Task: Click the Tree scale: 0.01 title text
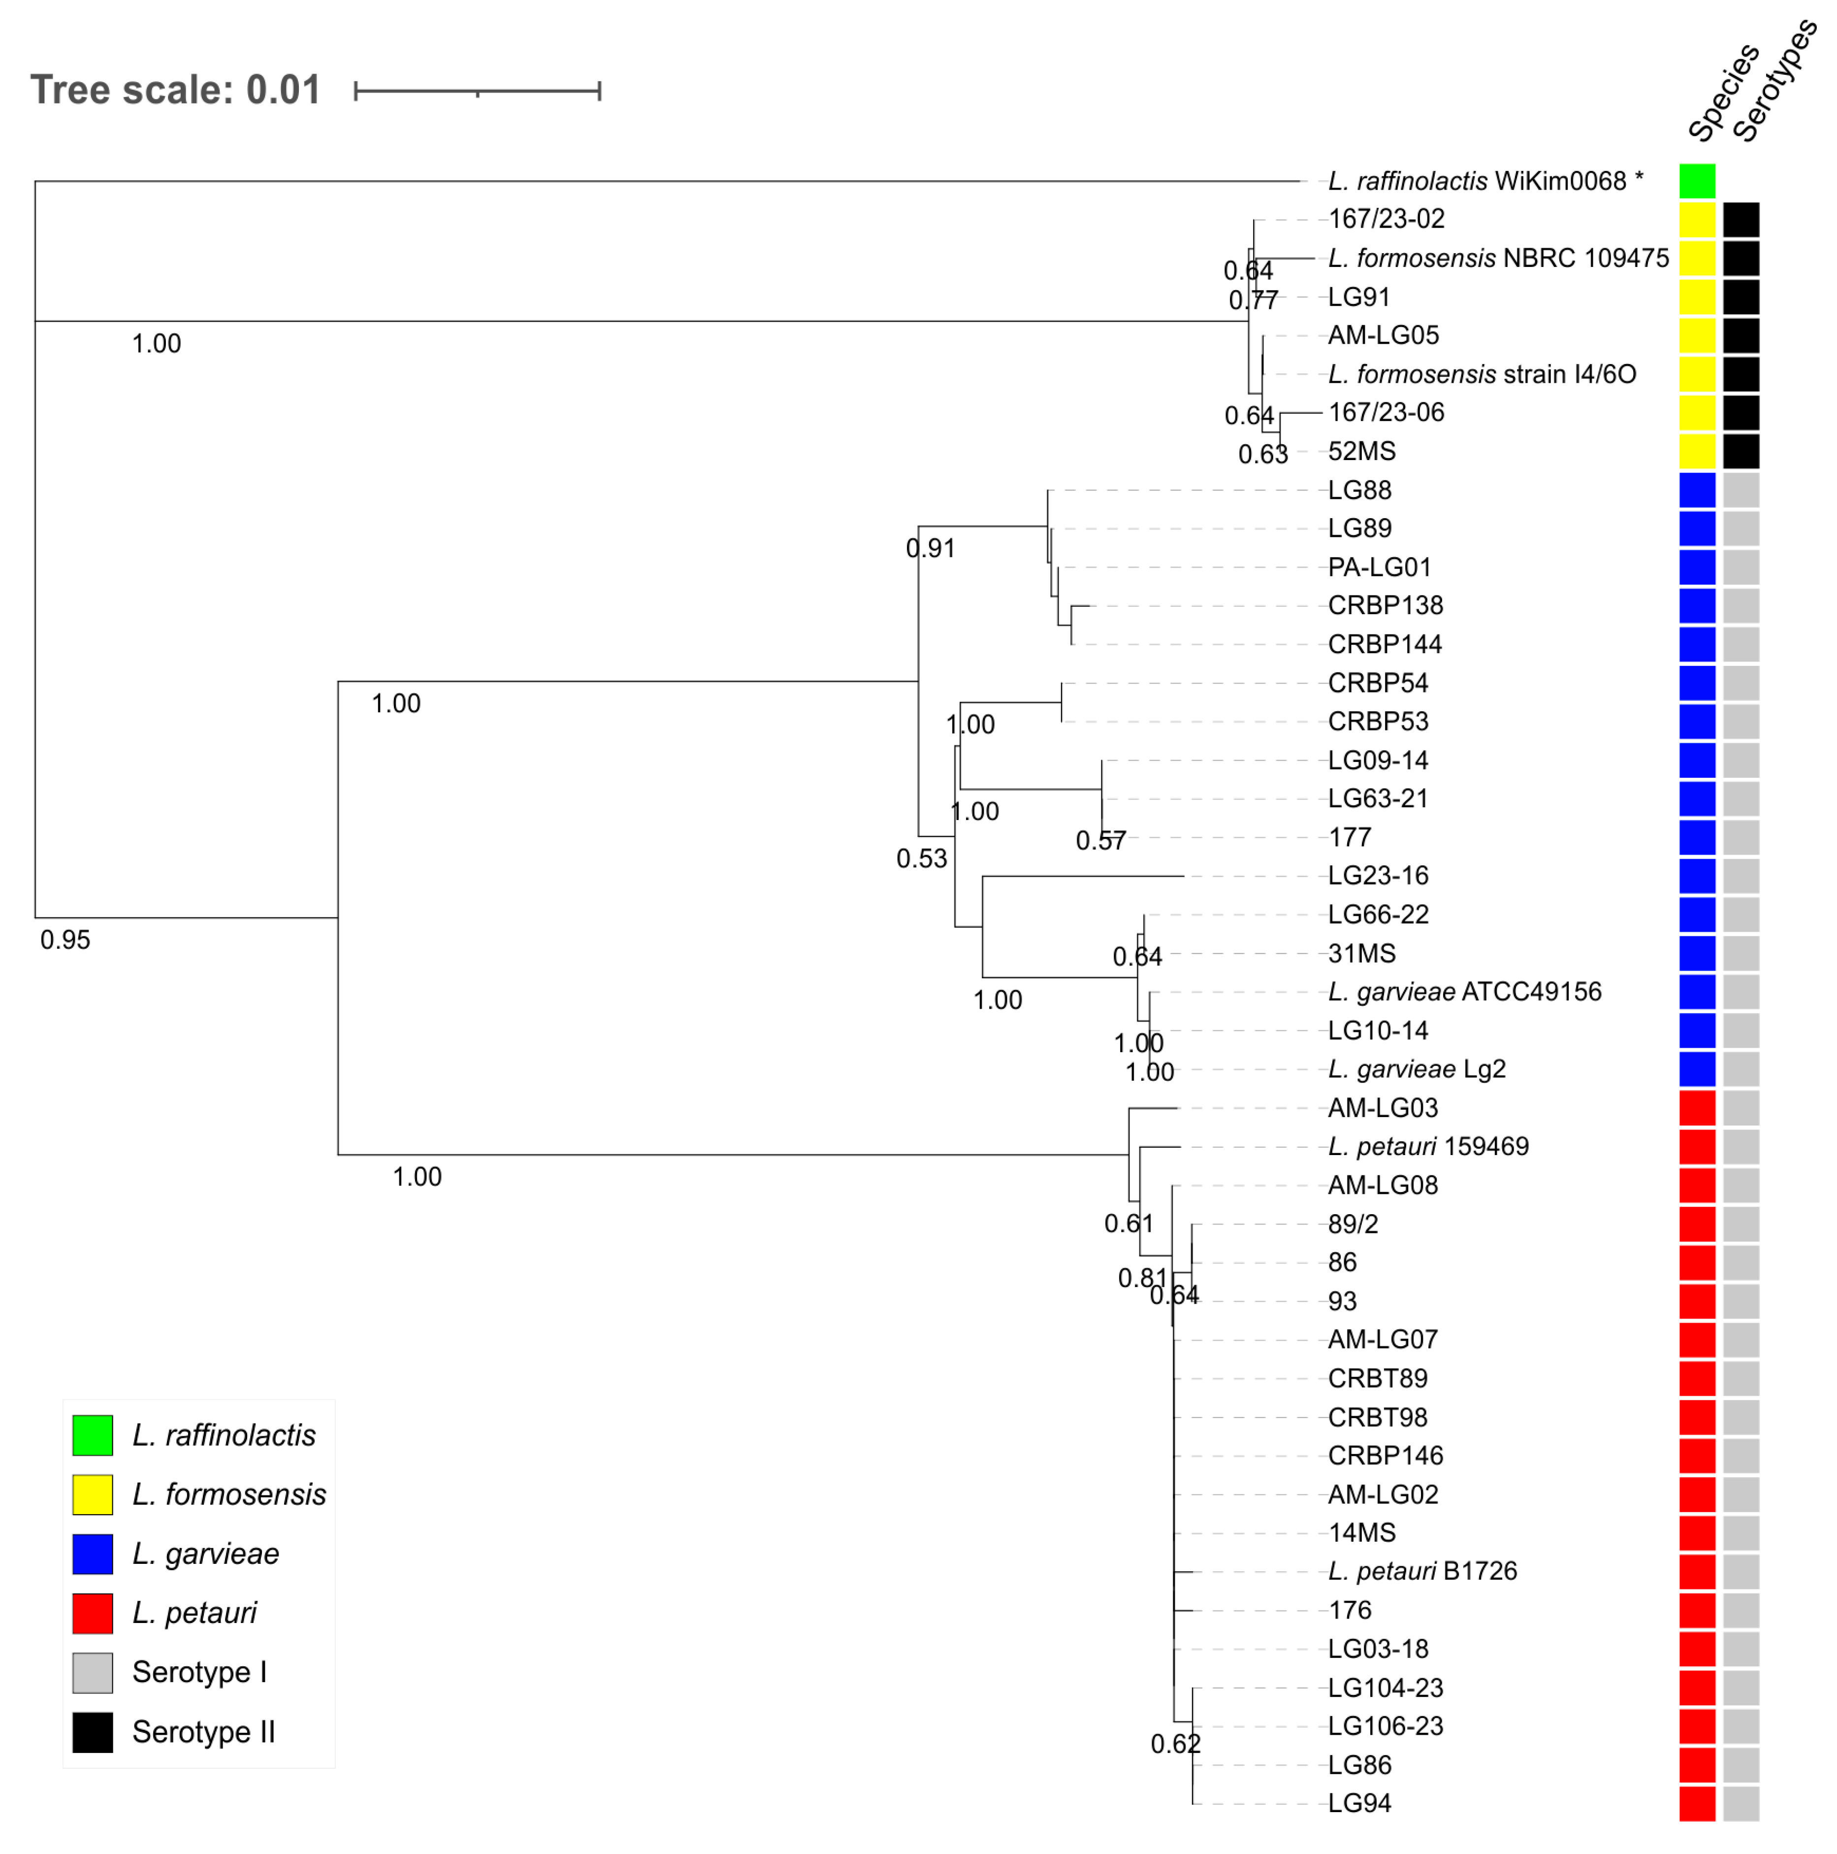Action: click(x=176, y=90)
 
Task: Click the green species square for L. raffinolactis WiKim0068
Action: click(x=1696, y=181)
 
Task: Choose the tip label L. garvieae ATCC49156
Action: click(x=1464, y=992)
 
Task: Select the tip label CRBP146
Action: click(x=1384, y=1456)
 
